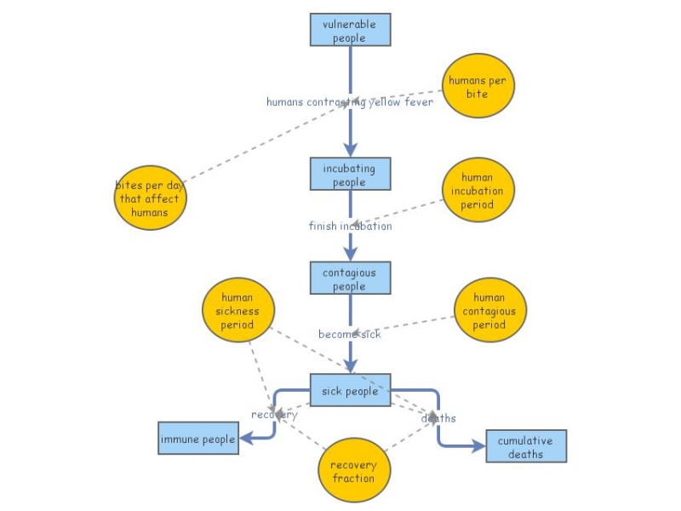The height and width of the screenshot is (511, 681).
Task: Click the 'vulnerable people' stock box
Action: point(350,30)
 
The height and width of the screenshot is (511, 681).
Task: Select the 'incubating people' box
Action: point(350,174)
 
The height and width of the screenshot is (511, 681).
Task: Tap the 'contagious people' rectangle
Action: point(350,278)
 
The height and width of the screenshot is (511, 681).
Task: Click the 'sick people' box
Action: point(350,391)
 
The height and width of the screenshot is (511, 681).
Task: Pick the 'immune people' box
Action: point(198,439)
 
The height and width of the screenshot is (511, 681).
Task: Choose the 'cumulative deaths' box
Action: point(526,445)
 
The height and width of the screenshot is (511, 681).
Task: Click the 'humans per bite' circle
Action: point(478,87)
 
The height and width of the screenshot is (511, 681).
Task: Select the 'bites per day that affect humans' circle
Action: point(150,198)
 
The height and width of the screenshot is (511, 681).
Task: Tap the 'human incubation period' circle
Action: point(478,190)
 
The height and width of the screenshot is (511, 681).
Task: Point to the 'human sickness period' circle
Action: point(238,311)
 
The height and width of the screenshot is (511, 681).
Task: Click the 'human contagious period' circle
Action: point(489,310)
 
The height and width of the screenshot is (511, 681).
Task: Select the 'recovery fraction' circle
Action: point(354,471)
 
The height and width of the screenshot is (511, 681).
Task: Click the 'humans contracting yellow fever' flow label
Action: point(350,102)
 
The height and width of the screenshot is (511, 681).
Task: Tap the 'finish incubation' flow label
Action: point(350,226)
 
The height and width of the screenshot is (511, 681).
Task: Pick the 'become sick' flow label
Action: point(350,334)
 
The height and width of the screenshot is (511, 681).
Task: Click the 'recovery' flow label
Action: point(274,415)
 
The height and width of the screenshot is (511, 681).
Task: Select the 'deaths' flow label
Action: point(439,418)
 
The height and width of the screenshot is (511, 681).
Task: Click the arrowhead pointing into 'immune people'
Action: point(246,439)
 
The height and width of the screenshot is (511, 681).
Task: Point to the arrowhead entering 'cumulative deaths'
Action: point(478,445)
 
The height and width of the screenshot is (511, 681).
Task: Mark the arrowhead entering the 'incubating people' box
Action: point(350,150)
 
